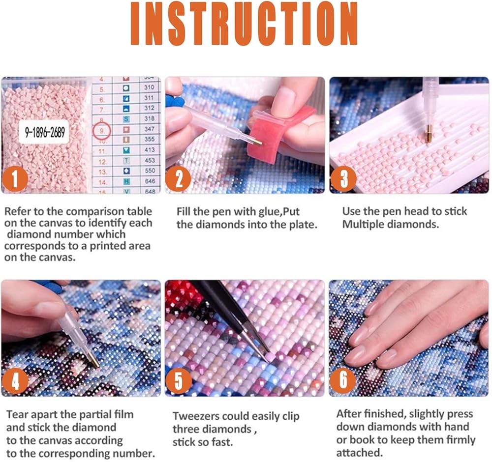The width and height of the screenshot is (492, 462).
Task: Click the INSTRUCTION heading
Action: click(244, 23)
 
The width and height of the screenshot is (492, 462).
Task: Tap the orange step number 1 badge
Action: click(15, 179)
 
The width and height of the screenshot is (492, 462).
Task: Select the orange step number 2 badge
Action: click(178, 179)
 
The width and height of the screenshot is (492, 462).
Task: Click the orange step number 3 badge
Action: click(343, 179)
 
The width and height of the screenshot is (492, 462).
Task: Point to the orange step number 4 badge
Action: click(15, 381)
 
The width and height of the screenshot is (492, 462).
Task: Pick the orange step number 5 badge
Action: click(178, 381)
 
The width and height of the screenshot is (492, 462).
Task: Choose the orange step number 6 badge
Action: click(343, 380)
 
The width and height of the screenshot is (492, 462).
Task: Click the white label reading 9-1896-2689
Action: click(44, 132)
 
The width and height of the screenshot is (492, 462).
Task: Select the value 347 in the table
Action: click(150, 129)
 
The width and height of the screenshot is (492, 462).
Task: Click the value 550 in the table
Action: click(150, 171)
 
